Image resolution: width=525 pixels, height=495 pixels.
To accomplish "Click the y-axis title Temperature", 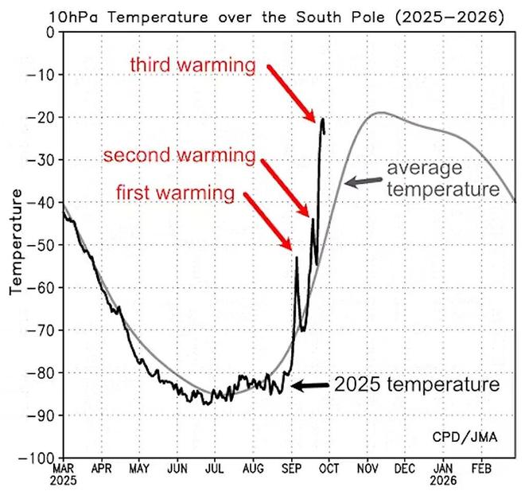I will [15, 244].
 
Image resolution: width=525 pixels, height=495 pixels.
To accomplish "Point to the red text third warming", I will [193, 64].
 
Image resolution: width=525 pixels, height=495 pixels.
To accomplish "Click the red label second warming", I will [180, 154].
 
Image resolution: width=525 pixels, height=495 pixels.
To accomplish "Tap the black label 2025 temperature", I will [417, 385].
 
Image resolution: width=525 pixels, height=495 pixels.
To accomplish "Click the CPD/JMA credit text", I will [465, 438].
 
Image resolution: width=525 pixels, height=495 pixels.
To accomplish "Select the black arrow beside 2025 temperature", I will [309, 386].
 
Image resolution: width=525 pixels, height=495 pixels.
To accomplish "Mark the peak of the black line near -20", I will [322, 119].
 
